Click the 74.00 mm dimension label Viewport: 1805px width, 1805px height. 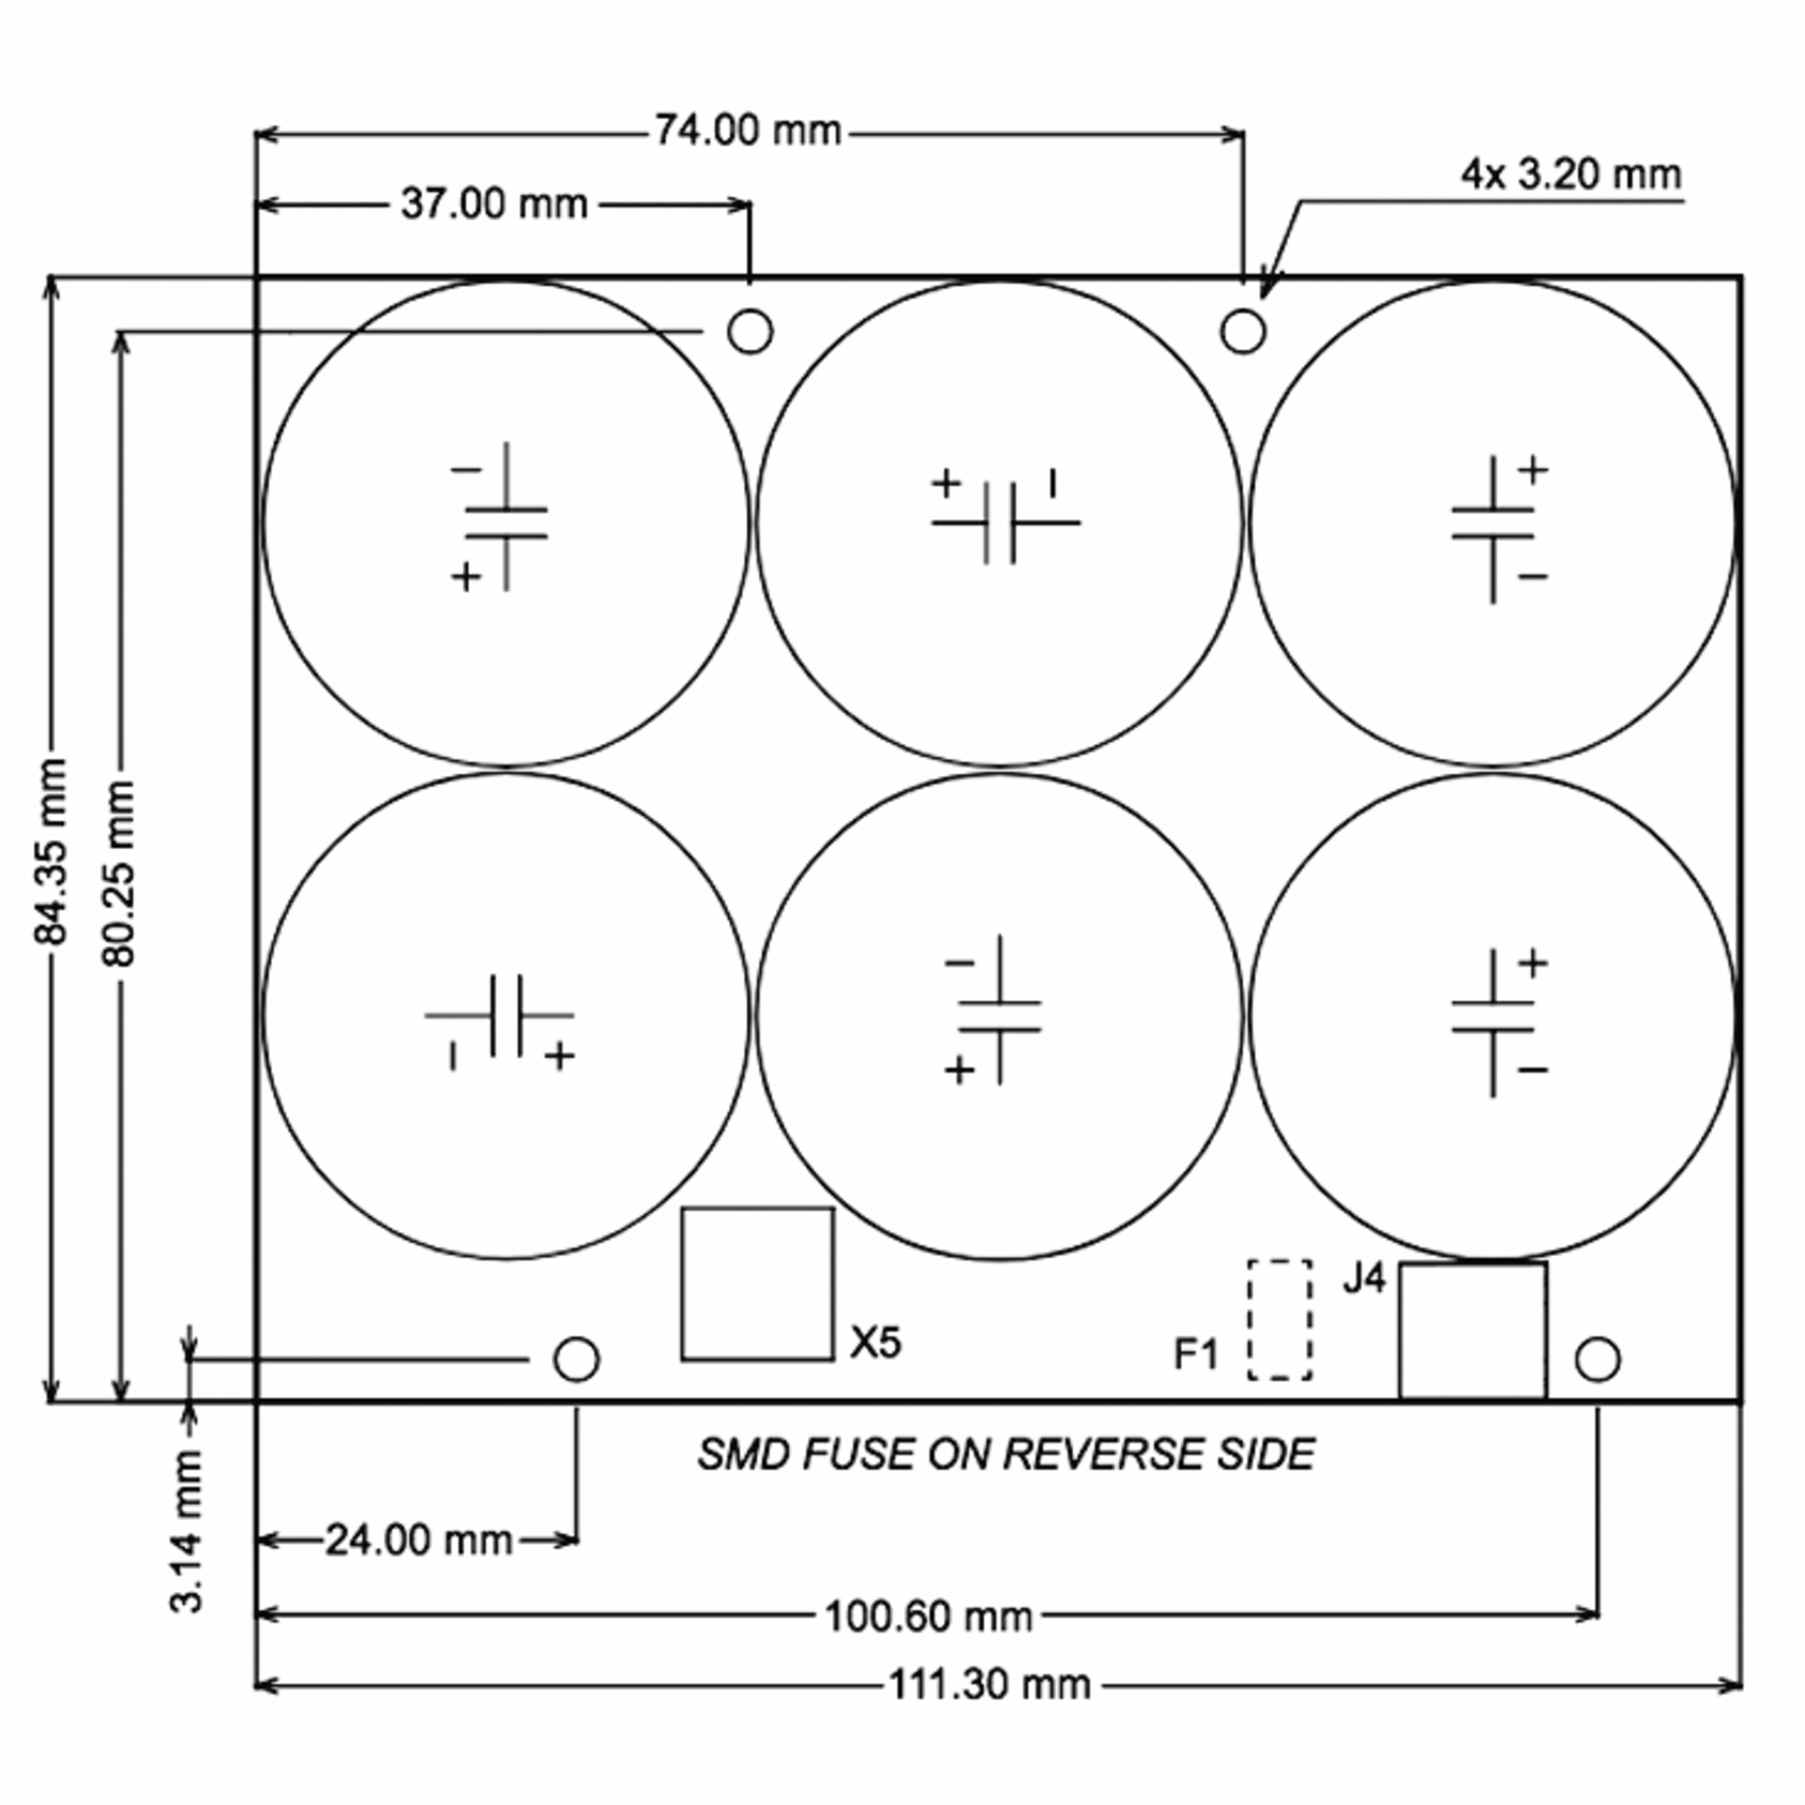(x=748, y=131)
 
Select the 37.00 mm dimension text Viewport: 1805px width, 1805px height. (x=493, y=204)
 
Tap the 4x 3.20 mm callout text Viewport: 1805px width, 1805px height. (x=1570, y=174)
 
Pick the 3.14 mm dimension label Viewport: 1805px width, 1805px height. (x=187, y=1531)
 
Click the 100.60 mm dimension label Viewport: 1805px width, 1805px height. (x=928, y=1616)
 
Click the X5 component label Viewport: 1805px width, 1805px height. (x=875, y=1342)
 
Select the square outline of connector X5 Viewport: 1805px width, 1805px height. (x=757, y=1285)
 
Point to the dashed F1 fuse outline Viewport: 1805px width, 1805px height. (x=1279, y=1319)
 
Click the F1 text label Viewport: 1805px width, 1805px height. (x=1196, y=1354)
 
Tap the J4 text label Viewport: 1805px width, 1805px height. (x=1364, y=1279)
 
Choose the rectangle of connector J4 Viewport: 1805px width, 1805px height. (x=1473, y=1330)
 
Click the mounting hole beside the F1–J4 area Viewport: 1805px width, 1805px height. (x=1597, y=1359)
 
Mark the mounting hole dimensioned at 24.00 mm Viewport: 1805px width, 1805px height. (x=576, y=1359)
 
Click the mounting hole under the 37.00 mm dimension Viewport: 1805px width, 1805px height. (x=749, y=331)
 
